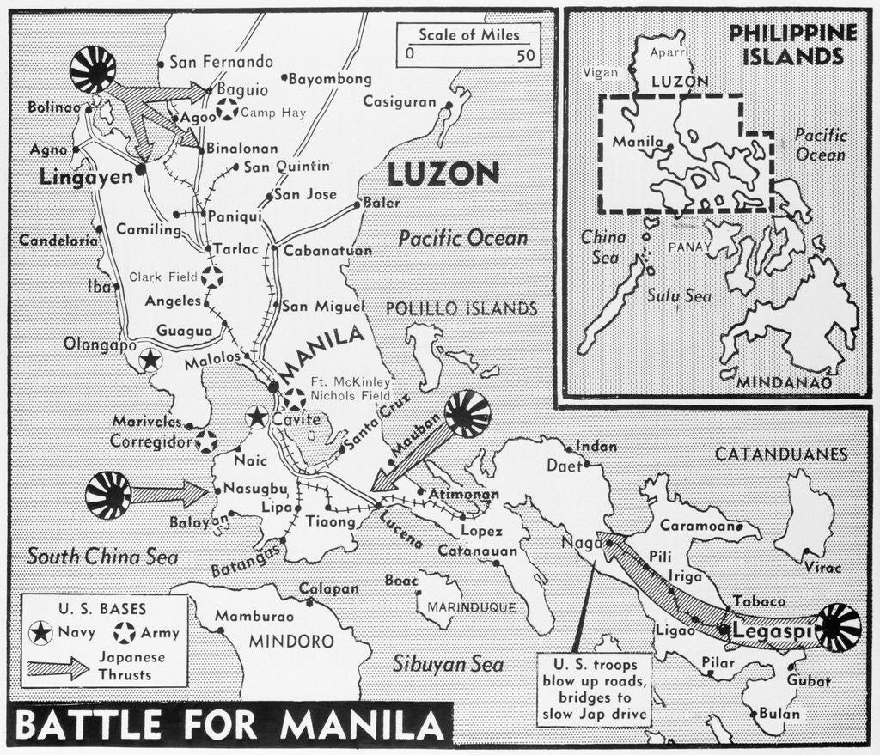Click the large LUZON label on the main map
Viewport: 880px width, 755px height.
click(x=443, y=174)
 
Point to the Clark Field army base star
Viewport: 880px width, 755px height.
click(x=212, y=277)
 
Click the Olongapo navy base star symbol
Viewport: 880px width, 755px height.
click(x=150, y=360)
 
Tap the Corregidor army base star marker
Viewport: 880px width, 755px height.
click(x=205, y=442)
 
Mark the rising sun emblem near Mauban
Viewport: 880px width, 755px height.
click(x=467, y=414)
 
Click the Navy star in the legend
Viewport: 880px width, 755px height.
click(x=40, y=634)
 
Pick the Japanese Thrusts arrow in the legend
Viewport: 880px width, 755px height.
click(x=58, y=668)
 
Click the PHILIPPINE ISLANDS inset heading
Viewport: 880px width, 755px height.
click(x=791, y=45)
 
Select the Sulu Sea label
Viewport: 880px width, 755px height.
click(x=679, y=296)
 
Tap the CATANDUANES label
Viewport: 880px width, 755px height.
click(x=783, y=454)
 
